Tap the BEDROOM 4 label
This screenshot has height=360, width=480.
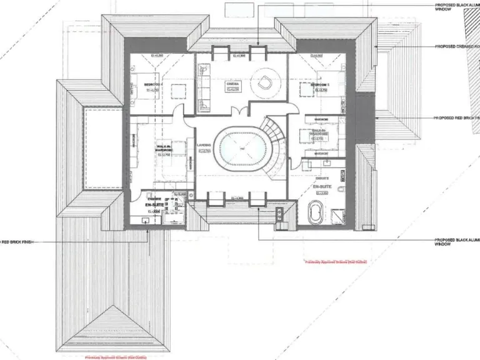click(153, 84)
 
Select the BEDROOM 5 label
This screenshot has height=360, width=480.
click(319, 84)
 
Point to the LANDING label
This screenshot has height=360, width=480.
click(203, 145)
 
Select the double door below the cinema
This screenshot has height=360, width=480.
click(238, 112)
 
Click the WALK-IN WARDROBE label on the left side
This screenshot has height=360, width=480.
click(164, 148)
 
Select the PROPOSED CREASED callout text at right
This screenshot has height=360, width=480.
click(456, 46)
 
